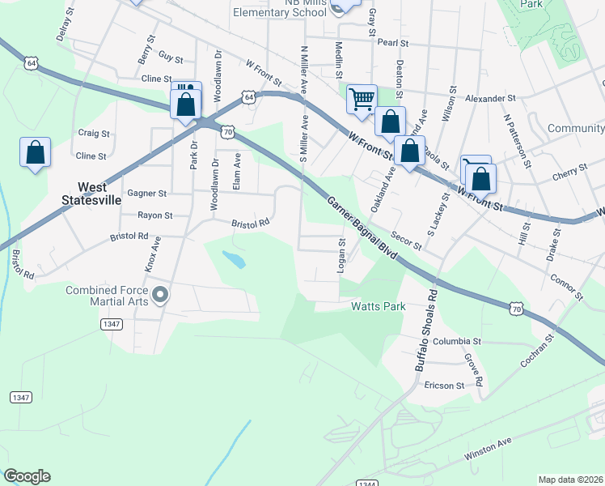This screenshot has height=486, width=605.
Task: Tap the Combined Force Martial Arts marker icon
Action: click(x=159, y=294)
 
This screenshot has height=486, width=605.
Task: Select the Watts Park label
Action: click(x=377, y=307)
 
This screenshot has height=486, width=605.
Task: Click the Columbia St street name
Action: click(x=457, y=342)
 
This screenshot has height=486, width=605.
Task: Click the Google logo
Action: click(x=27, y=476)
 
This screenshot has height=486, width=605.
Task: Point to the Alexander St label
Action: click(x=491, y=98)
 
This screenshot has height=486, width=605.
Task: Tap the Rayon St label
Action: click(x=155, y=215)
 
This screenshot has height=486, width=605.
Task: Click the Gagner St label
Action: click(x=146, y=194)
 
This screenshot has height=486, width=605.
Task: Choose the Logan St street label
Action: click(x=341, y=256)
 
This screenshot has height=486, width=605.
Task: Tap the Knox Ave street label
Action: click(x=150, y=254)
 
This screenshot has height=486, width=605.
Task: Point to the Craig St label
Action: click(x=93, y=133)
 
